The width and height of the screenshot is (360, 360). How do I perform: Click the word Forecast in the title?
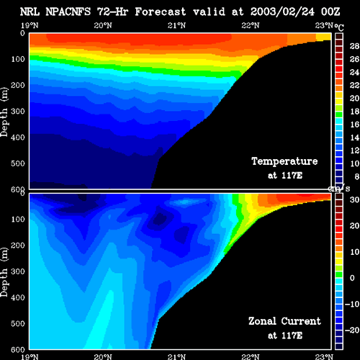[x=161, y=12]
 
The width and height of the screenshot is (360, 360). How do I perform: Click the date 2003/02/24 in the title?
[x=282, y=12]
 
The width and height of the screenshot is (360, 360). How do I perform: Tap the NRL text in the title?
[x=30, y=12]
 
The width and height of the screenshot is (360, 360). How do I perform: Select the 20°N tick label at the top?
[x=103, y=25]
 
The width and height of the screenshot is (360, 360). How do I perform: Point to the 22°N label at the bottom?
[x=251, y=356]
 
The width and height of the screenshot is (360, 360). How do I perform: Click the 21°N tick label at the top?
[x=176, y=25]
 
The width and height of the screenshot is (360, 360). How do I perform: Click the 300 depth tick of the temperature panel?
[x=18, y=111]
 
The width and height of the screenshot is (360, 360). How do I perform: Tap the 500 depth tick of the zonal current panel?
[x=18, y=323]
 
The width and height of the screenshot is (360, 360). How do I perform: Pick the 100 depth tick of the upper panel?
[x=18, y=59]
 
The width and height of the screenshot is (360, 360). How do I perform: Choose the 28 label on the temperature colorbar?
[x=354, y=46]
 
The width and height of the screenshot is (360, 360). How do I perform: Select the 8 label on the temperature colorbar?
[x=357, y=176]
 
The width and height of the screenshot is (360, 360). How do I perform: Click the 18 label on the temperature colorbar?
[x=354, y=112]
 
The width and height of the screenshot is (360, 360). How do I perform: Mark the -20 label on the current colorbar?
[x=352, y=330]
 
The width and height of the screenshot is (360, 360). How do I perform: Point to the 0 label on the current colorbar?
[x=352, y=278]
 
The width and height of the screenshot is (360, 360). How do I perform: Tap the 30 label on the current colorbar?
[x=354, y=199]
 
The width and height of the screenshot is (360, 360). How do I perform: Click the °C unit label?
[x=339, y=27]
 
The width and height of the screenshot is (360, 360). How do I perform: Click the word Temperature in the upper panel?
[x=284, y=161]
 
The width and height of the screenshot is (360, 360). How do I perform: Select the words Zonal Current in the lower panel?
[x=284, y=321]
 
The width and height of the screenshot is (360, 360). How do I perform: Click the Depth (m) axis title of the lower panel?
[x=4, y=272]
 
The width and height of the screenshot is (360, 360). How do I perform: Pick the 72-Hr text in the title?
[x=112, y=12]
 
